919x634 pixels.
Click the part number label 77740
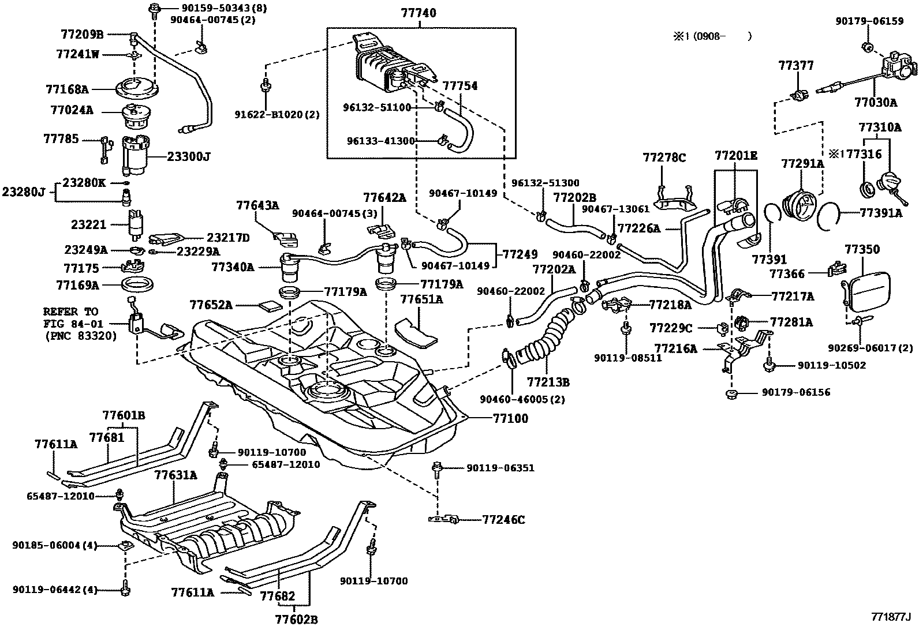pos(421,13)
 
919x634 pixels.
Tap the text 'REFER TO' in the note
pos(70,312)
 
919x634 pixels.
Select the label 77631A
pos(175,475)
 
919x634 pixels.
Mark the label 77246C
pos(503,520)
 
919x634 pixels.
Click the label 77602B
pos(296,620)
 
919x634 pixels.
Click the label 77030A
pos(876,103)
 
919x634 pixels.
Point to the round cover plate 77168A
pos(136,90)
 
